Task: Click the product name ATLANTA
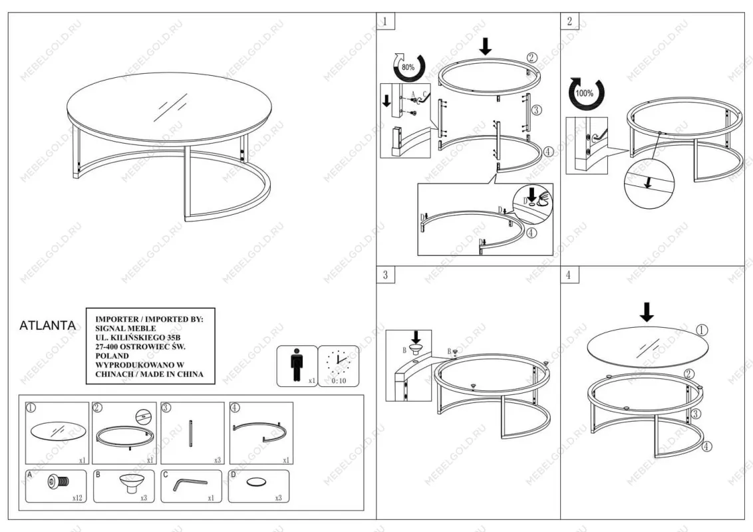pyautogui.click(x=47, y=326)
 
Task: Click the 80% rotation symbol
pyautogui.click(x=408, y=67)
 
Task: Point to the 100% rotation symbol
pyautogui.click(x=585, y=93)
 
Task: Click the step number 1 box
pyautogui.click(x=385, y=21)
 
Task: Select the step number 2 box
pyautogui.click(x=569, y=21)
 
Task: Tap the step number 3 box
pyautogui.click(x=385, y=275)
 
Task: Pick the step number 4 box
pyautogui.click(x=569, y=275)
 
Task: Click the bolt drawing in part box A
pyautogui.click(x=58, y=481)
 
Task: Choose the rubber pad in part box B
pyautogui.click(x=130, y=483)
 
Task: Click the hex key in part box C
pyautogui.click(x=190, y=484)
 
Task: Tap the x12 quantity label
pyautogui.click(x=77, y=498)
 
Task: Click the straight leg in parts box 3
pyautogui.click(x=191, y=434)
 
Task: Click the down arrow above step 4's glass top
pyautogui.click(x=647, y=312)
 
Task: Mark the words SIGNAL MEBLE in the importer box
pyautogui.click(x=125, y=329)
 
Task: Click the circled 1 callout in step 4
pyautogui.click(x=702, y=330)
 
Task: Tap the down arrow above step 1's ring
pyautogui.click(x=486, y=46)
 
